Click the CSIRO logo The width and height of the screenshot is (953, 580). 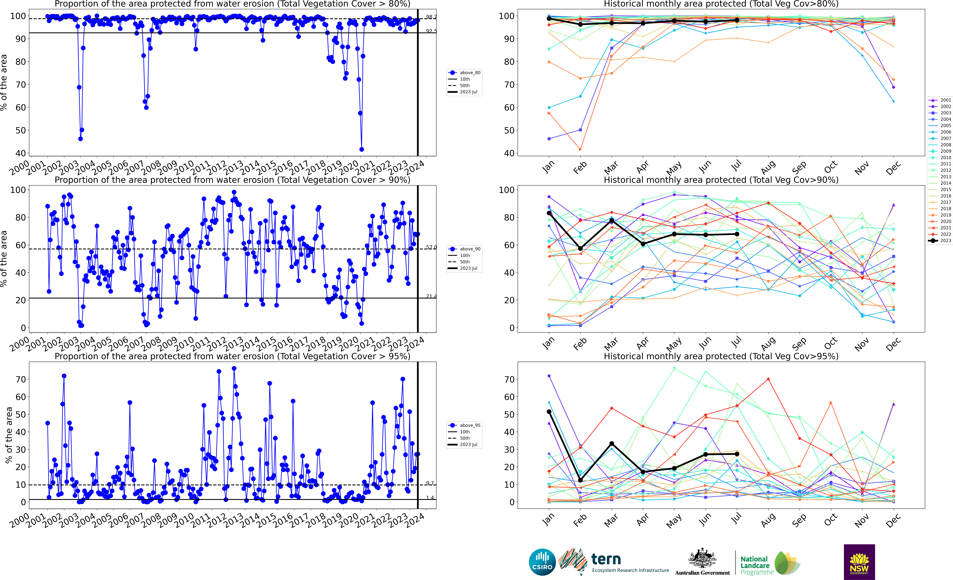point(542,562)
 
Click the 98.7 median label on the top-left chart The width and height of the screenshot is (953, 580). point(431,17)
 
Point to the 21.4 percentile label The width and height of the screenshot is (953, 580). point(431,296)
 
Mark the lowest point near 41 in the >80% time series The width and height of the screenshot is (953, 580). point(362,149)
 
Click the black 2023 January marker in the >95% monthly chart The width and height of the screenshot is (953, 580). point(549,412)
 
